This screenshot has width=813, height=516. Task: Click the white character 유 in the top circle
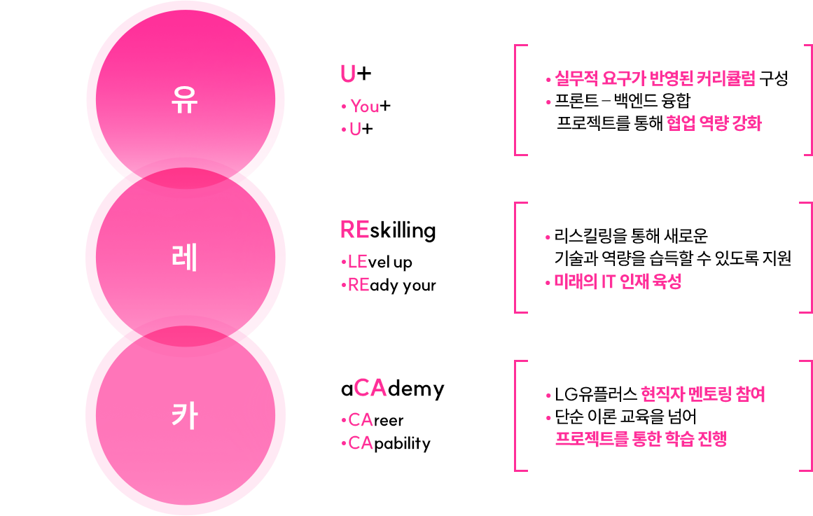click(185, 102)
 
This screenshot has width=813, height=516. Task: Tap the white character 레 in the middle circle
click(185, 258)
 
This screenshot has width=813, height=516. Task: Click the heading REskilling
click(387, 230)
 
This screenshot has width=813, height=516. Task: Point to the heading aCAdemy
click(392, 389)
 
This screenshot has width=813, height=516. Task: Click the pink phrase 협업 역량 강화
click(714, 124)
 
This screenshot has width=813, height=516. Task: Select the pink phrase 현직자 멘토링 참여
click(702, 394)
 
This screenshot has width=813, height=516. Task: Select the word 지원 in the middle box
click(776, 258)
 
